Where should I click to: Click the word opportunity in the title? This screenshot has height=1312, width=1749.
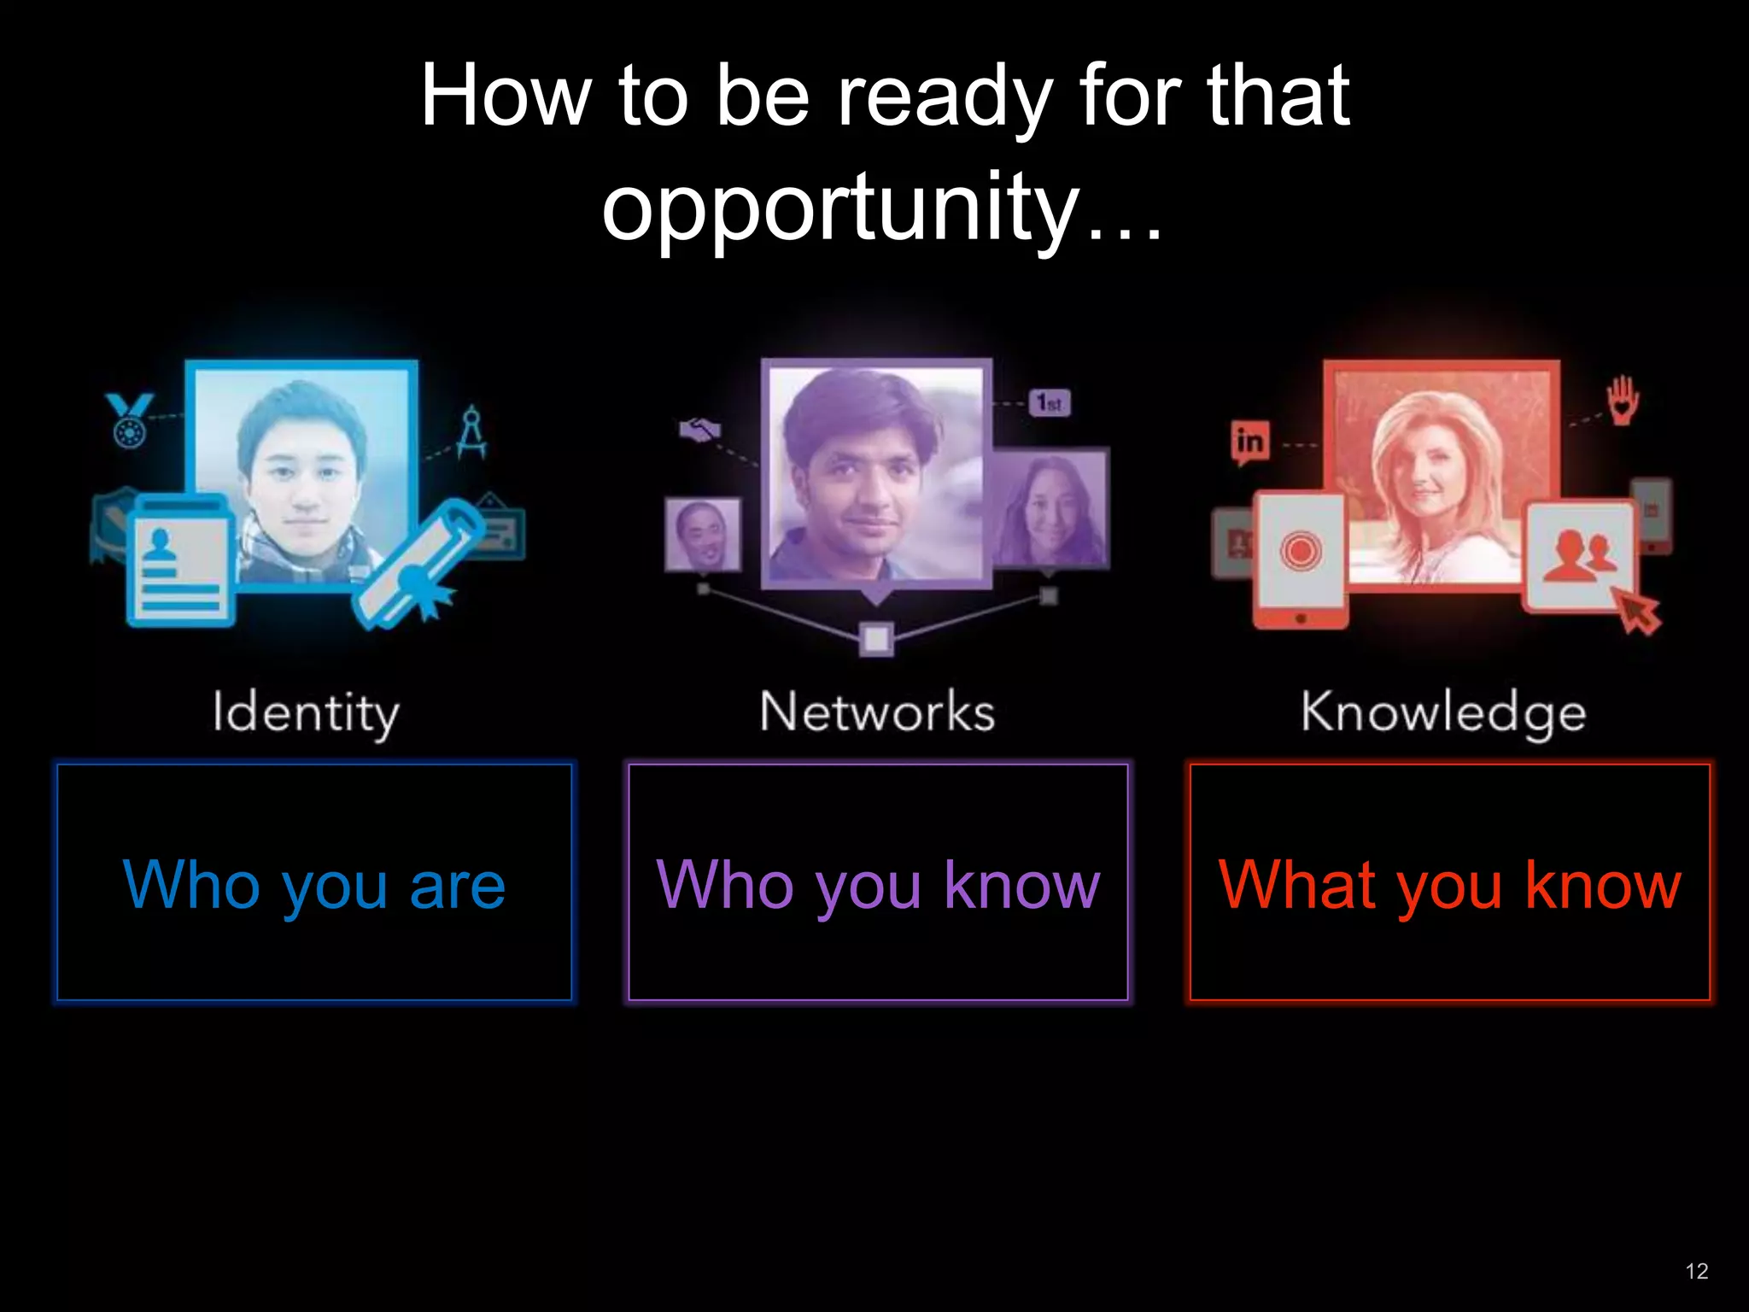pos(841,208)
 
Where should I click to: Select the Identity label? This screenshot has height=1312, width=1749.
pos(306,712)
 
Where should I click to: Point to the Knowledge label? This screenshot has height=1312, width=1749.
pos(1443,712)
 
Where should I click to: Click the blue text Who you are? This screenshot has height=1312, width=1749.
pos(314,885)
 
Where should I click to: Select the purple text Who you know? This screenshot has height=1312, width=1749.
pos(878,885)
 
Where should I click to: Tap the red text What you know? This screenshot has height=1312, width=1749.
pos(1449,885)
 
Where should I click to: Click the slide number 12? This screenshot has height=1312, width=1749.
pos(1696,1271)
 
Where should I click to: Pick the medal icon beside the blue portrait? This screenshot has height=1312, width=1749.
pos(129,419)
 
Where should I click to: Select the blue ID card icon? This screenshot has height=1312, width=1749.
pos(180,560)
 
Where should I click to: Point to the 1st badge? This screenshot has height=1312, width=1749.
pos(1050,402)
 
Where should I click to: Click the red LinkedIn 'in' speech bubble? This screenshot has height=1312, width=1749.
pos(1249,442)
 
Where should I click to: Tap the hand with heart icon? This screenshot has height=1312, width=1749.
pos(1623,400)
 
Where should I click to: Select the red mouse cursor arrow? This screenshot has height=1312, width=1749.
pos(1637,612)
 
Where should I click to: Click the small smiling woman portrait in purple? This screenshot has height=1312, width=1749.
pos(1050,507)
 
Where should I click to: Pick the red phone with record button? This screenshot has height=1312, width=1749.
pos(1300,559)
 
